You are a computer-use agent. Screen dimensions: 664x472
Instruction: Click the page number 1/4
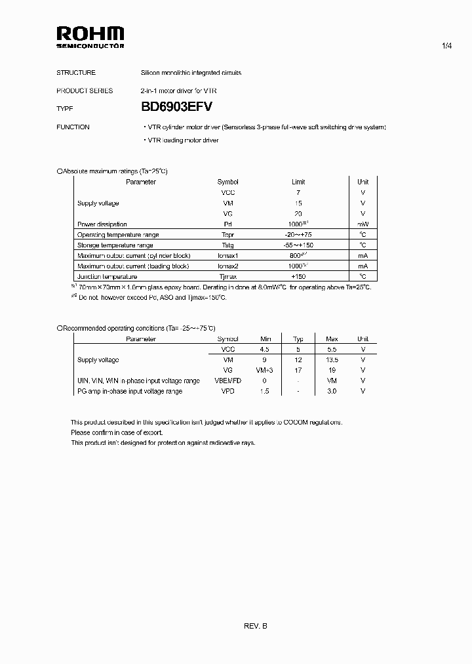[448, 45]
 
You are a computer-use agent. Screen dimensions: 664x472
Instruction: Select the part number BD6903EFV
[177, 108]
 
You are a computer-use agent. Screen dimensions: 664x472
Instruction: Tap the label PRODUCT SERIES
[85, 91]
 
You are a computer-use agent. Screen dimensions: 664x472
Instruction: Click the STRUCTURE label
[76, 73]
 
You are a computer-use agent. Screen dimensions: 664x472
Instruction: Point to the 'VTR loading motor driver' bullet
[181, 140]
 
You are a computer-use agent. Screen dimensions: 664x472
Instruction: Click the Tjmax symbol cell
[227, 277]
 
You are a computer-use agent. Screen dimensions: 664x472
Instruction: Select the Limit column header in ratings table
[298, 182]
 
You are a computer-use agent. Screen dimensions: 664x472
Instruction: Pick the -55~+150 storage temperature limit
[298, 245]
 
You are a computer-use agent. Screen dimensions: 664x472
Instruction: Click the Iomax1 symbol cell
[227, 256]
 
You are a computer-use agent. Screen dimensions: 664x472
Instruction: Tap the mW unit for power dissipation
[363, 224]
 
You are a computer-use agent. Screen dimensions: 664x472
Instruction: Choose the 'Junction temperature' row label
[107, 277]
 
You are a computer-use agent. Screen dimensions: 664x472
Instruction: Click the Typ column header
[298, 339]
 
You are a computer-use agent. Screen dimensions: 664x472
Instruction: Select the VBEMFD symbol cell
[227, 381]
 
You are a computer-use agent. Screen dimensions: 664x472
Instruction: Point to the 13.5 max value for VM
[331, 360]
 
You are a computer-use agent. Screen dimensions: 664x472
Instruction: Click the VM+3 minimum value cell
[265, 371]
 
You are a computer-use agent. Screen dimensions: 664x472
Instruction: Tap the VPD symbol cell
[227, 392]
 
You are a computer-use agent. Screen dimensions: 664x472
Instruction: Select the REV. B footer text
[255, 626]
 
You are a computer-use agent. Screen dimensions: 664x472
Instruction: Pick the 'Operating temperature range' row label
[118, 235]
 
